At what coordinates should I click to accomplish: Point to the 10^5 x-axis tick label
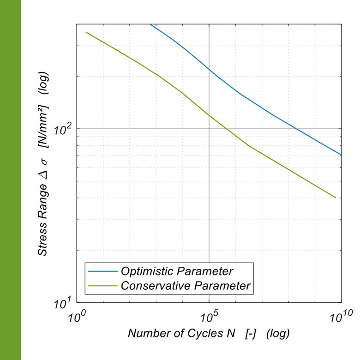point(210,318)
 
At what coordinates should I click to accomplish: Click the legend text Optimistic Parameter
point(177,270)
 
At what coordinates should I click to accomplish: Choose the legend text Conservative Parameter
point(186,285)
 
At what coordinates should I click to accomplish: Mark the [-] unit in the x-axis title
point(250,333)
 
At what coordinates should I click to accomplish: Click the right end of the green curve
point(336,198)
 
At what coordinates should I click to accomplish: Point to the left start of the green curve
point(86,32)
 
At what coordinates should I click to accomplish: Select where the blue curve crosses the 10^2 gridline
point(297,128)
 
